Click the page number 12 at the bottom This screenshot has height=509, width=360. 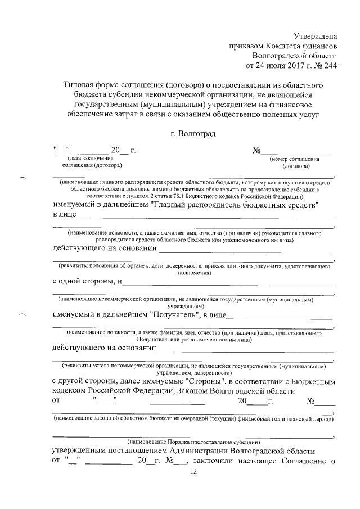[x=194, y=474]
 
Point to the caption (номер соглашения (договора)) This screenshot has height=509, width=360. [x=298, y=163]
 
